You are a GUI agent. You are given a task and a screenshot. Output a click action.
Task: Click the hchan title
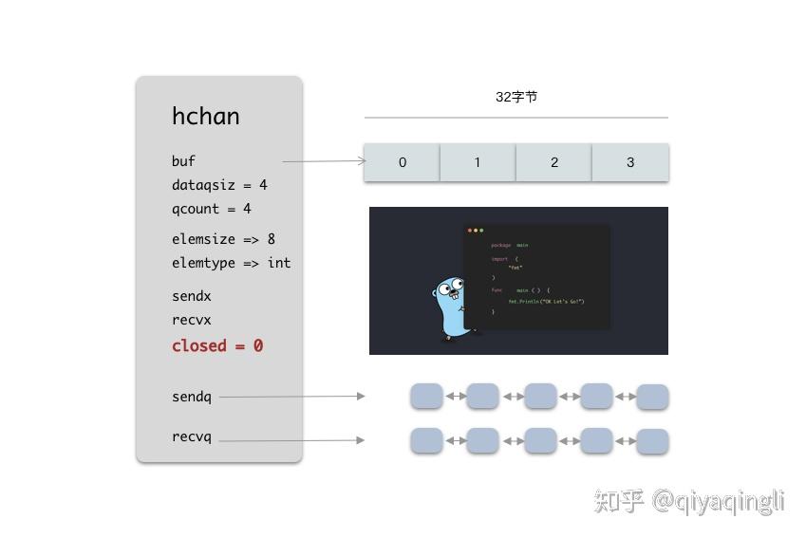pos(205,117)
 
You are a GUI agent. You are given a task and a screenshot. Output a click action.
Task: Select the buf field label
pos(183,161)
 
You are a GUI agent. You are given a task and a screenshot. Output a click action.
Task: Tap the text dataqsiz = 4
pos(219,185)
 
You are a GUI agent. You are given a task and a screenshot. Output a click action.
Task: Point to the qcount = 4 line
pos(211,209)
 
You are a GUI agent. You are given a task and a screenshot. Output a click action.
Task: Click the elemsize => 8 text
pos(223,239)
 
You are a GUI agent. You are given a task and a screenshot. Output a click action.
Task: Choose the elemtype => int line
pos(231,263)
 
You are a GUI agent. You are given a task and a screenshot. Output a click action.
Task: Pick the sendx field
pos(191,296)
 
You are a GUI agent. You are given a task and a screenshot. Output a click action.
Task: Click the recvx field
pos(191,320)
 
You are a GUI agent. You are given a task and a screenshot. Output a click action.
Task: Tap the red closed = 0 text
pos(217,345)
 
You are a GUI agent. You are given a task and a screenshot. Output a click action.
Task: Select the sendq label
pos(191,397)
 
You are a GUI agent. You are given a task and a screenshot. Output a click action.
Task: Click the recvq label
pos(191,437)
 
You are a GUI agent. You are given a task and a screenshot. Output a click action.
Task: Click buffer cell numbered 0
pos(403,162)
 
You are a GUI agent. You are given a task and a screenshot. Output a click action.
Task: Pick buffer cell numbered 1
pos(478,162)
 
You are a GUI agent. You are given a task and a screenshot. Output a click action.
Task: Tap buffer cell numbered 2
pos(554,162)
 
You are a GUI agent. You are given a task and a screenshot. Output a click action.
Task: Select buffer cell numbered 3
pos(630,162)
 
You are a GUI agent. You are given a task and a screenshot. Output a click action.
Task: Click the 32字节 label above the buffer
pos(516,97)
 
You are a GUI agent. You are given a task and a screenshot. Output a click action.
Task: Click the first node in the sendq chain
pos(426,396)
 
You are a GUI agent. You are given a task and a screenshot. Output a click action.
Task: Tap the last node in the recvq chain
pos(652,441)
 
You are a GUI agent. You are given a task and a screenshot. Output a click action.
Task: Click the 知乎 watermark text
pos(619,500)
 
